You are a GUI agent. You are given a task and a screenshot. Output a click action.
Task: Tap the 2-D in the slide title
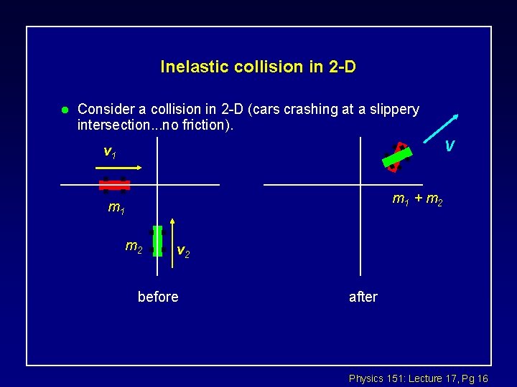tap(337, 67)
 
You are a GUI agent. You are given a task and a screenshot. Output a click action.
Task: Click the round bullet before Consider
tap(64, 110)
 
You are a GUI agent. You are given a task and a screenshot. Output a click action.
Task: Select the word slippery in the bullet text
tap(392, 110)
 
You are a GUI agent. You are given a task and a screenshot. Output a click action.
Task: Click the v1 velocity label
tap(111, 152)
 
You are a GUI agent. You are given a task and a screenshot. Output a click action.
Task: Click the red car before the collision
tap(114, 185)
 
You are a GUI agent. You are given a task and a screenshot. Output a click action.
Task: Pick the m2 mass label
tap(134, 247)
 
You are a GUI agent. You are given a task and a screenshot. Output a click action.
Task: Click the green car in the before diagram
tap(157, 242)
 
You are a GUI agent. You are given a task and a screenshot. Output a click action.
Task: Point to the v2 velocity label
tap(184, 251)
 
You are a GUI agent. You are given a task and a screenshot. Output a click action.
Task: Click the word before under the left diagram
tap(158, 297)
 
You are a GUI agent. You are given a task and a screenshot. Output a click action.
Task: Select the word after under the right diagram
tap(363, 297)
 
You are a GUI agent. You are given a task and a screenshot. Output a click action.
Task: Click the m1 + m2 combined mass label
tap(417, 199)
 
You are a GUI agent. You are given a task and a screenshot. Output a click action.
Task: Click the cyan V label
tap(449, 146)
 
